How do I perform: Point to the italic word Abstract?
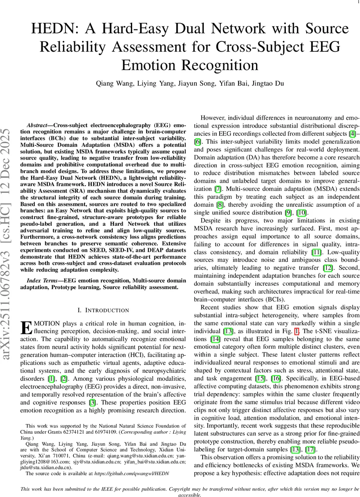point(39,125)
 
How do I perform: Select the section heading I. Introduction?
point(104,310)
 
